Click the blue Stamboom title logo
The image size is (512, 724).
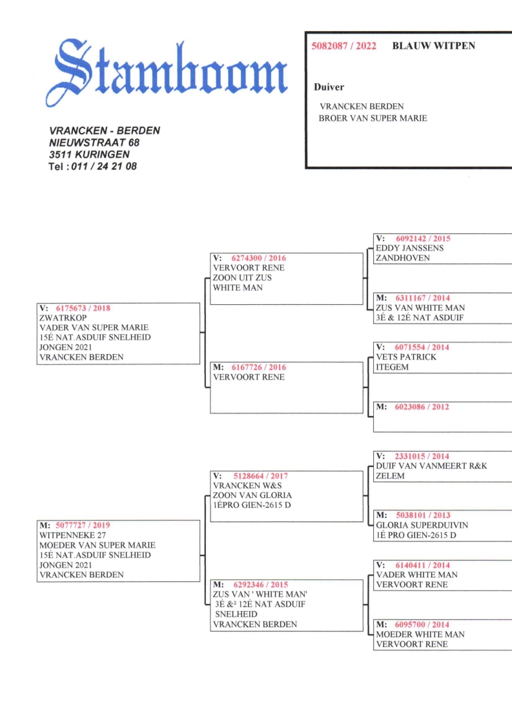[167, 72]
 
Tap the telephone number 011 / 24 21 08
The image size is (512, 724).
[104, 166]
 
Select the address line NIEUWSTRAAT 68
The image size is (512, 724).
[94, 143]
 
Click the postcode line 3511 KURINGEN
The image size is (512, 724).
[89, 154]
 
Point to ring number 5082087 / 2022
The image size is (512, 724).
[344, 46]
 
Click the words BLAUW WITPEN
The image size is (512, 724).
[433, 46]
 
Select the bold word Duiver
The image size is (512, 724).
[329, 87]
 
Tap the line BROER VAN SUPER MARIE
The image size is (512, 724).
[373, 118]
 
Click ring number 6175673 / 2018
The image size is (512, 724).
[83, 308]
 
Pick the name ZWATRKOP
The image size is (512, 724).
[63, 318]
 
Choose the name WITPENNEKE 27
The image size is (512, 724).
[72, 535]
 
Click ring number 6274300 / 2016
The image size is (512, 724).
[258, 258]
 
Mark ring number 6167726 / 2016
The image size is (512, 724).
[258, 367]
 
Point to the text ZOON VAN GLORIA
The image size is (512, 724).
[252, 495]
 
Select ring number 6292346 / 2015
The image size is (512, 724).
[260, 584]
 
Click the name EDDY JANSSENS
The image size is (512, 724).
[409, 248]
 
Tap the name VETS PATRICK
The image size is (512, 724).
[406, 357]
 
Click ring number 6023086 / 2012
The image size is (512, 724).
[422, 407]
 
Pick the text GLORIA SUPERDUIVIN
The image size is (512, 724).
[422, 525]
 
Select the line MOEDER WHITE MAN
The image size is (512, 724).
[420, 634]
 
